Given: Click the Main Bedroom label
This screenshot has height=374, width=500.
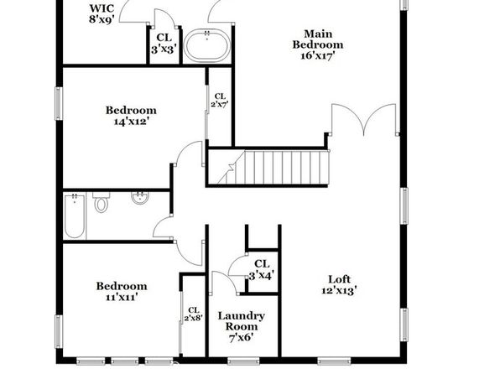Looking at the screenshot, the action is (x=318, y=39).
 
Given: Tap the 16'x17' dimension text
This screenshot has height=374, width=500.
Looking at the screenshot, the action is (x=318, y=56).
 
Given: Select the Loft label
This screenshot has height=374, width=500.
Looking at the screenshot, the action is (x=339, y=279).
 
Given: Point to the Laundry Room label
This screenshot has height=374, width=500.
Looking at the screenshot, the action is (x=242, y=321).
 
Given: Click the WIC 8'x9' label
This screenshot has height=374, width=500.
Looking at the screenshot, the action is (x=102, y=13).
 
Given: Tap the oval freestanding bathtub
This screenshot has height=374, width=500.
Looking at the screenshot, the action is (x=207, y=46).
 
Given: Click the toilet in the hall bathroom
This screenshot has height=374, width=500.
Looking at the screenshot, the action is (x=101, y=202).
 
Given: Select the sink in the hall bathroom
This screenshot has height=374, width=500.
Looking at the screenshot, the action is (x=139, y=198).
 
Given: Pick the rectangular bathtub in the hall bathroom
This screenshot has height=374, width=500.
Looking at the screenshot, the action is (x=75, y=216).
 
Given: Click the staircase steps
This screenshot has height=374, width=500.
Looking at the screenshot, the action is (x=273, y=168).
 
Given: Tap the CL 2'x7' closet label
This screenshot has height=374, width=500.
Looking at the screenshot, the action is (x=220, y=100).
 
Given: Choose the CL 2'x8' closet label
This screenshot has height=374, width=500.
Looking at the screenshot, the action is (x=194, y=314).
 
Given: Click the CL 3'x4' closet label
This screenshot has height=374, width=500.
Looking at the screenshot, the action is (x=262, y=269).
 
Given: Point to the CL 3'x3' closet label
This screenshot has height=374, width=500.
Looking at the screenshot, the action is (x=164, y=44).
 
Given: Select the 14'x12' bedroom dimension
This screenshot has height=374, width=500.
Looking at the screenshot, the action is (x=132, y=121).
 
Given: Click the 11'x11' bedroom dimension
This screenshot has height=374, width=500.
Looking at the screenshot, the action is (x=122, y=297).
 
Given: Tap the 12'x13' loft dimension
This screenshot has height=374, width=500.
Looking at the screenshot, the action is (x=339, y=290).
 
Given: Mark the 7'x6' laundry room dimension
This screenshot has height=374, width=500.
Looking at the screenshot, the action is (x=242, y=337).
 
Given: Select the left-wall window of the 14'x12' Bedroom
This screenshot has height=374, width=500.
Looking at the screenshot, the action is (x=59, y=104).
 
